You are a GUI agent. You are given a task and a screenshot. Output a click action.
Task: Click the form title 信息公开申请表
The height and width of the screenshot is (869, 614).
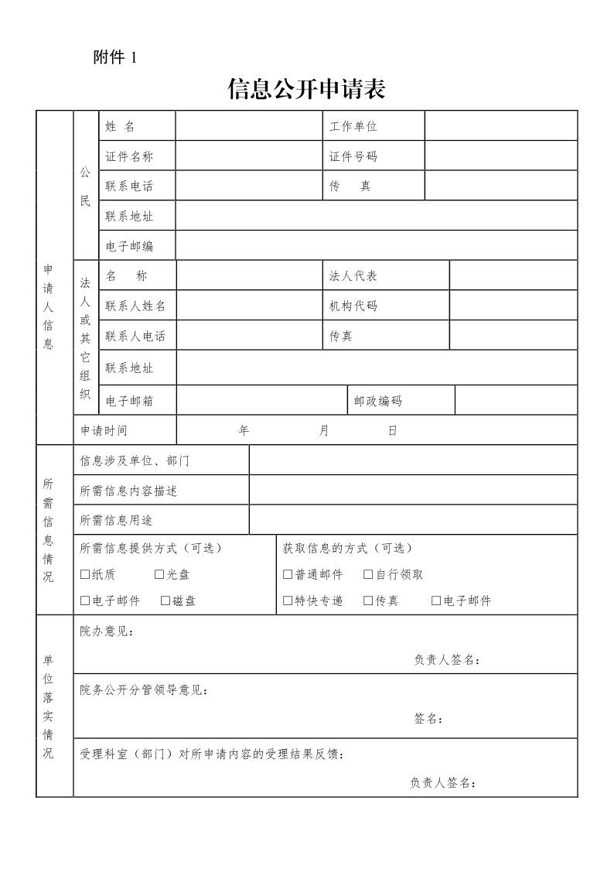[x=306, y=90]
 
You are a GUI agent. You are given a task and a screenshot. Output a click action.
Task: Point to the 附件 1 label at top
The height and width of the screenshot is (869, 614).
[x=114, y=58]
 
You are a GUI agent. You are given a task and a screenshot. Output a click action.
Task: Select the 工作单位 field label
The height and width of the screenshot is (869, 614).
[x=353, y=126]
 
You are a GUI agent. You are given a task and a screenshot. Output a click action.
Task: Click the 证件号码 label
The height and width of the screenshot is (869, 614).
[x=353, y=156]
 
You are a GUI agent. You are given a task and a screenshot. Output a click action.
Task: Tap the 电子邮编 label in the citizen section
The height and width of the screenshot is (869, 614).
[x=129, y=246]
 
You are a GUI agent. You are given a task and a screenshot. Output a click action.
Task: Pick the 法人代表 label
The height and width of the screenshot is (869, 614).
[x=353, y=276]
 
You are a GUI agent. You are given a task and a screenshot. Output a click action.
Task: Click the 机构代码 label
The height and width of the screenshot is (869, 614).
[x=353, y=306]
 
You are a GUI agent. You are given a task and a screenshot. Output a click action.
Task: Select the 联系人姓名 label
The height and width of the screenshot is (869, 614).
[x=135, y=306]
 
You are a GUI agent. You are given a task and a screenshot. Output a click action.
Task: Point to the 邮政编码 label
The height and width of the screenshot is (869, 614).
[x=378, y=401]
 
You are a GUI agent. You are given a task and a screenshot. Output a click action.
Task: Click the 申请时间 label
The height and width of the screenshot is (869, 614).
[x=104, y=431]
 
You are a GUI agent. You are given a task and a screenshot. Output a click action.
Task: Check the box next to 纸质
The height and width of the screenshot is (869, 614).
[x=85, y=575]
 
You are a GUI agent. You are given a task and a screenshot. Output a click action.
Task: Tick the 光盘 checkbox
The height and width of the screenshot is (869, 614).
[x=159, y=575]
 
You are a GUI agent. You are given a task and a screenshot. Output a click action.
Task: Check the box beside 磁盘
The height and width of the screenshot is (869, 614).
[x=165, y=601]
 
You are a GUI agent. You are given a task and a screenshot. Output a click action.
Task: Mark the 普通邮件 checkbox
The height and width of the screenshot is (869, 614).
[x=288, y=575]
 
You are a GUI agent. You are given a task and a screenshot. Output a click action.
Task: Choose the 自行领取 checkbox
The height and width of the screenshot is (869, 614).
[x=368, y=575]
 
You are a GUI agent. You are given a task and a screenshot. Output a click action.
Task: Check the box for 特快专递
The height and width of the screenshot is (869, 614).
[x=288, y=601]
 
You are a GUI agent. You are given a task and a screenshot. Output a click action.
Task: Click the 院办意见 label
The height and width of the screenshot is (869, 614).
[x=107, y=631]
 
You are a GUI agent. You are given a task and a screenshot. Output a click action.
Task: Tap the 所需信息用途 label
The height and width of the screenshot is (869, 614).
[x=117, y=521]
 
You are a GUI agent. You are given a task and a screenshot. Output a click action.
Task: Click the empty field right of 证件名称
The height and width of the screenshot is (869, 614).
[x=248, y=156]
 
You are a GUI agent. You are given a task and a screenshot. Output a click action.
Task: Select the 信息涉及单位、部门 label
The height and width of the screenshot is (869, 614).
[x=135, y=461]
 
